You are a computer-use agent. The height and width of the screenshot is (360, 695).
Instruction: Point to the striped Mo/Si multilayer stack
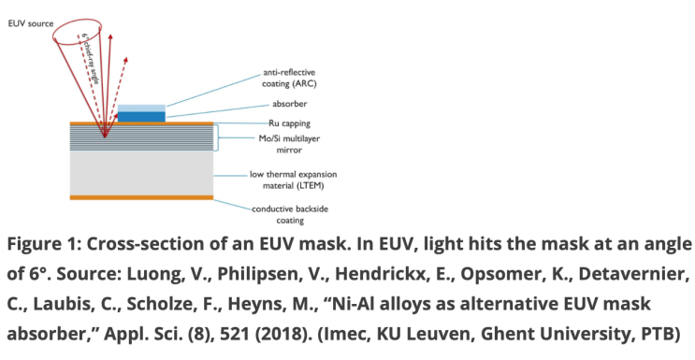coord(140,137)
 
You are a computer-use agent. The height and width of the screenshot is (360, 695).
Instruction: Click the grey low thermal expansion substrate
coord(140,173)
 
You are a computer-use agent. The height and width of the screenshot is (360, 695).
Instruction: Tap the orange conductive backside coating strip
coord(140,197)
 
